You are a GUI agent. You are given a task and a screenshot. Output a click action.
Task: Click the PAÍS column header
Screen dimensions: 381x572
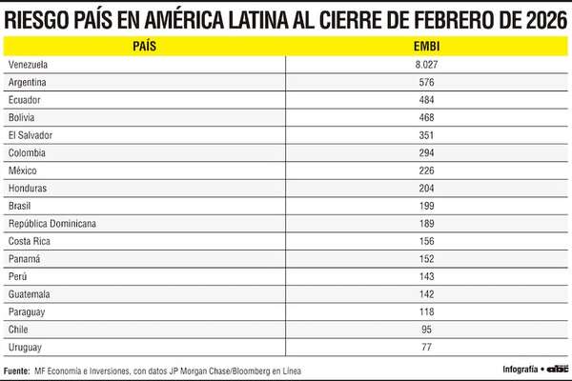click(x=145, y=45)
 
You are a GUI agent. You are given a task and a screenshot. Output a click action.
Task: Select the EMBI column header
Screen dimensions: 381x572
click(x=426, y=45)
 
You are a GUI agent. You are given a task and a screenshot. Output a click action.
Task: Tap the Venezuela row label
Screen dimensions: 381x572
click(x=28, y=64)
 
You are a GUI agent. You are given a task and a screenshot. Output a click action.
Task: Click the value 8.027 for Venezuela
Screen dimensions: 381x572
click(x=426, y=64)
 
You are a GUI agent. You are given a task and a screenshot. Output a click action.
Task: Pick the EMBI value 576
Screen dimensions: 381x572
click(x=426, y=82)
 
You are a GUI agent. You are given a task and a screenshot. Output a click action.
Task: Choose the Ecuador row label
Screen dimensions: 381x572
click(x=24, y=99)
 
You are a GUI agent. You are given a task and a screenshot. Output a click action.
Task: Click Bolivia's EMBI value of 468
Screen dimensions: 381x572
click(x=426, y=117)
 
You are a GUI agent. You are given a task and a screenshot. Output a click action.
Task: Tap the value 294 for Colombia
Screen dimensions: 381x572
click(x=426, y=152)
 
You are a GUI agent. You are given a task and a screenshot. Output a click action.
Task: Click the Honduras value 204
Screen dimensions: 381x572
click(x=426, y=188)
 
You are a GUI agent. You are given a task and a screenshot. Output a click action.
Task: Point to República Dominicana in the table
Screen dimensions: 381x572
click(x=51, y=223)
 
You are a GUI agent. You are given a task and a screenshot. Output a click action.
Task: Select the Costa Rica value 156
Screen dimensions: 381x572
click(x=426, y=241)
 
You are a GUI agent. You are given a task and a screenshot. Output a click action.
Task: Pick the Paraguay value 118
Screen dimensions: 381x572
click(x=426, y=311)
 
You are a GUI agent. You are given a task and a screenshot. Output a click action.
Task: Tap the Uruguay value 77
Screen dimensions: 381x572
click(x=426, y=347)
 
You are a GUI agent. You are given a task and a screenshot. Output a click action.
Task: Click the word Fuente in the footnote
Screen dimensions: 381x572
click(x=16, y=370)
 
